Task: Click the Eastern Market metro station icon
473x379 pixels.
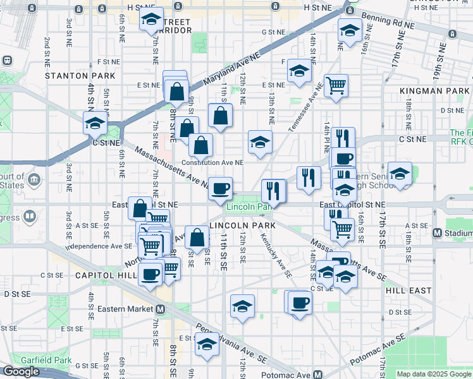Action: (x=161, y=309)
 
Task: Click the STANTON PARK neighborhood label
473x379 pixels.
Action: (x=80, y=76)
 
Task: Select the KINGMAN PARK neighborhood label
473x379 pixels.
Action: (x=434, y=92)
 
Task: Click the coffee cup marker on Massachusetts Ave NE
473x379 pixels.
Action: (x=220, y=188)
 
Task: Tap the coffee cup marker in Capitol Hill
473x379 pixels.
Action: (x=150, y=274)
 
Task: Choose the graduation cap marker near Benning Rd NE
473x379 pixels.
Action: (x=349, y=29)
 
